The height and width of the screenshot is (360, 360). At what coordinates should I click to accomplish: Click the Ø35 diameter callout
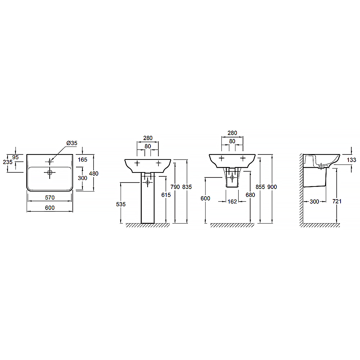[x=72, y=143]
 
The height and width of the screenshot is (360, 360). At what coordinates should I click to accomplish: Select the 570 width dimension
[x=50, y=197]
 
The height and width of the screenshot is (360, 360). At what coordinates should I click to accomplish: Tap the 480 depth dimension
[x=94, y=174]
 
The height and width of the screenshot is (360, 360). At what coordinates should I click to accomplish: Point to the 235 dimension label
[x=8, y=162]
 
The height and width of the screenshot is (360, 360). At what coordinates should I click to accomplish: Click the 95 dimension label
[x=15, y=157]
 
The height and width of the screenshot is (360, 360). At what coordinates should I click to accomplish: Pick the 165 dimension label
[x=82, y=159]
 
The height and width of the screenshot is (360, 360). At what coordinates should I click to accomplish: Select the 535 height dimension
[x=121, y=204]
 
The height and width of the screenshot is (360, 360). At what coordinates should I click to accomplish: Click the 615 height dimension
[x=166, y=195]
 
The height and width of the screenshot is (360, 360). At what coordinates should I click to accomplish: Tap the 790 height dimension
[x=175, y=187]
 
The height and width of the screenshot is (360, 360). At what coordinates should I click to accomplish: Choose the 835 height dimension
[x=187, y=187]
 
